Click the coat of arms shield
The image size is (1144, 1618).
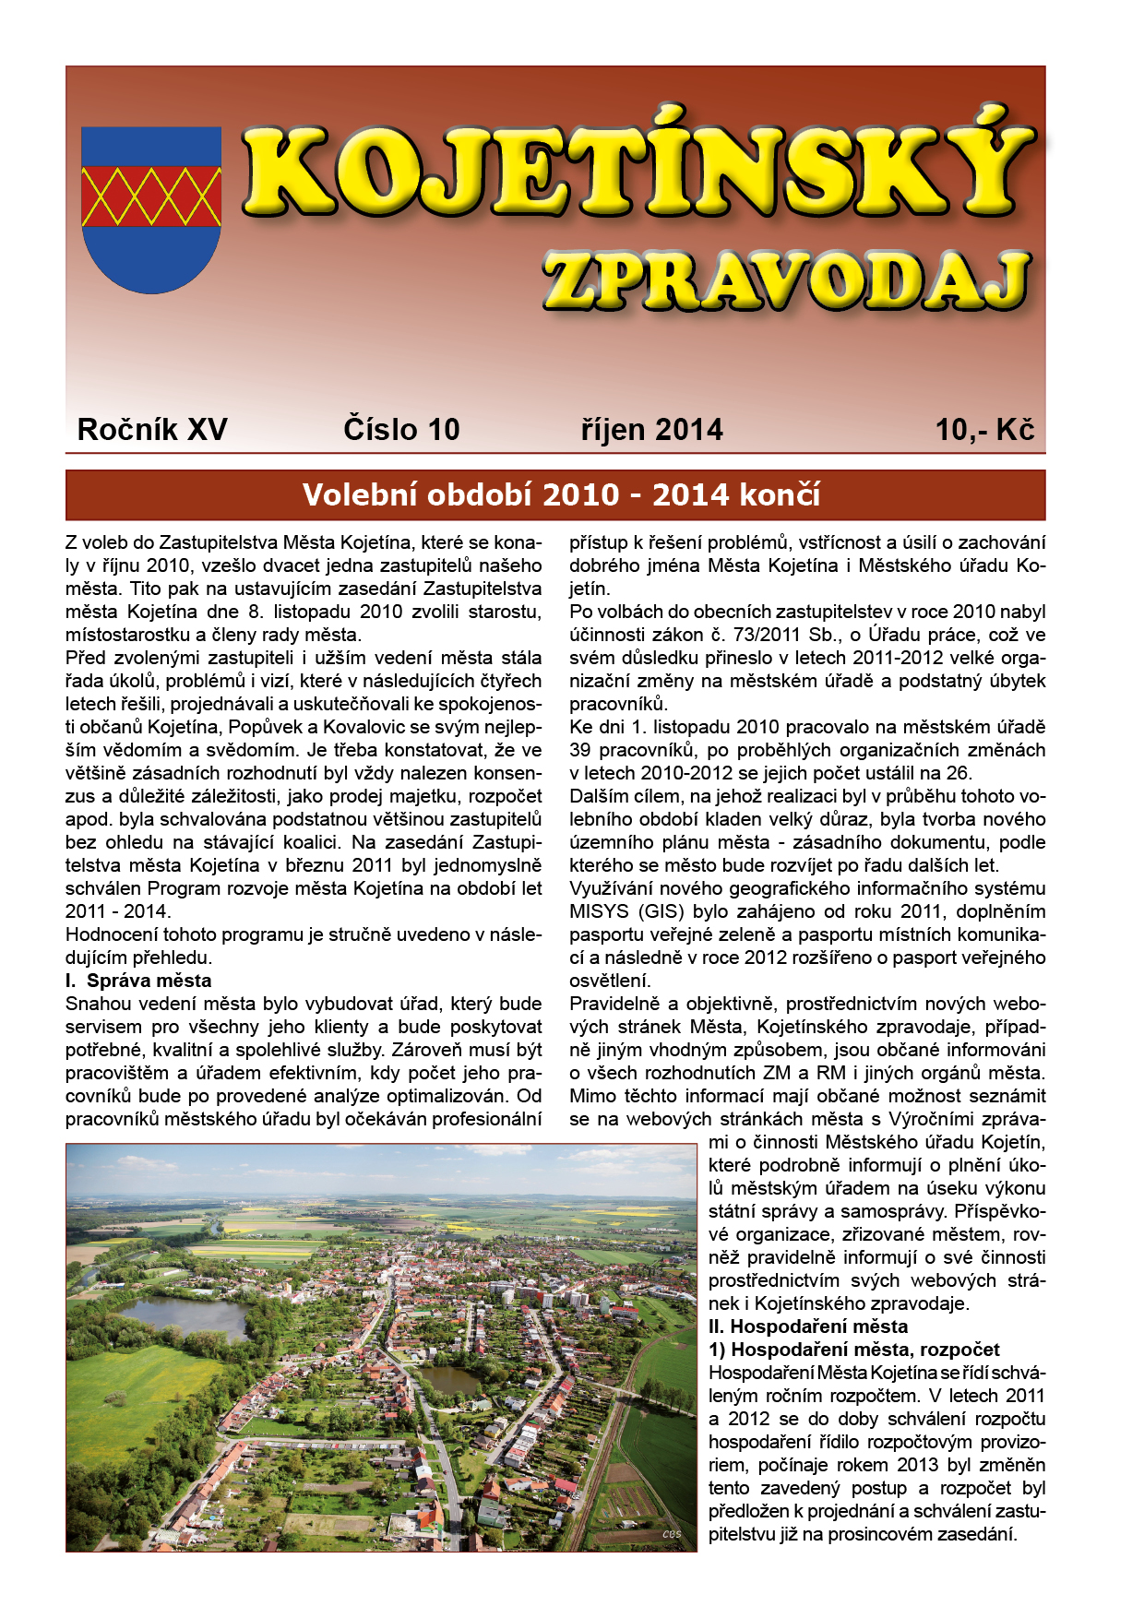(x=151, y=209)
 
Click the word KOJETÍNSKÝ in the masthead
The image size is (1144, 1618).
(x=637, y=171)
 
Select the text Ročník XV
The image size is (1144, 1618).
(x=152, y=430)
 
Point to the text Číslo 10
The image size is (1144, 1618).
(x=401, y=430)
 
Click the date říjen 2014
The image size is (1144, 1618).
(x=651, y=430)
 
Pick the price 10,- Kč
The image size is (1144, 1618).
(x=984, y=430)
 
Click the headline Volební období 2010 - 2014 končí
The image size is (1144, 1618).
(x=561, y=495)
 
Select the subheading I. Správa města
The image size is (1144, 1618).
(x=138, y=981)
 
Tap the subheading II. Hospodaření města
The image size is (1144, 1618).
(x=808, y=1327)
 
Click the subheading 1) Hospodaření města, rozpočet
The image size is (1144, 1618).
(x=854, y=1350)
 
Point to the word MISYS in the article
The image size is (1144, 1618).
(x=599, y=911)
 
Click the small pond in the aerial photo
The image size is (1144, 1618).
(x=449, y=1379)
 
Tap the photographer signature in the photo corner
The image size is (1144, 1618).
(x=672, y=1534)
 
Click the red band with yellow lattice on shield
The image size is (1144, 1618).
(x=151, y=196)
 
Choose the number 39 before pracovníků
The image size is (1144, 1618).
(x=580, y=750)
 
